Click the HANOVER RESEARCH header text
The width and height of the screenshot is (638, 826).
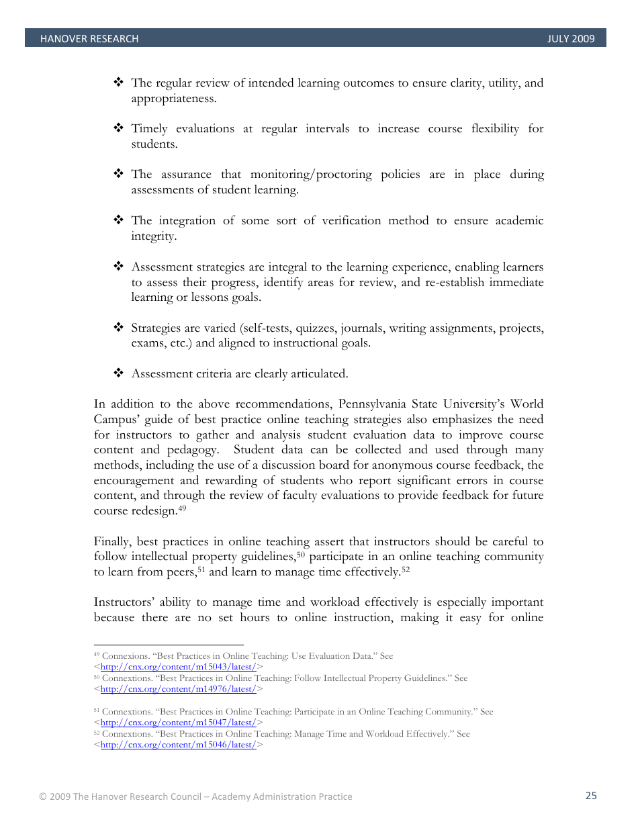tap(89, 39)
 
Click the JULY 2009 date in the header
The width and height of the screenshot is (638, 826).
tap(570, 39)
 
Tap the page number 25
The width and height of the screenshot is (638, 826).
tap(590, 796)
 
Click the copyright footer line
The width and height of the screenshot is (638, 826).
tap(195, 796)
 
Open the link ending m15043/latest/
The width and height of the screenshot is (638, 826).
tap(178, 667)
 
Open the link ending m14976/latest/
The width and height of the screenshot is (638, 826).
tap(178, 689)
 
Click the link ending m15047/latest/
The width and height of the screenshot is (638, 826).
tap(178, 723)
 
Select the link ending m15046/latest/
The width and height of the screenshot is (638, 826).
tap(178, 745)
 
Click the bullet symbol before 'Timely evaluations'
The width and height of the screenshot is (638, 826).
tap(118, 128)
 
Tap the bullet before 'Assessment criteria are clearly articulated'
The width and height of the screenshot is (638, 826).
tap(118, 373)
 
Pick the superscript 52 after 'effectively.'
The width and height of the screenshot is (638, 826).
tap(406, 569)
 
